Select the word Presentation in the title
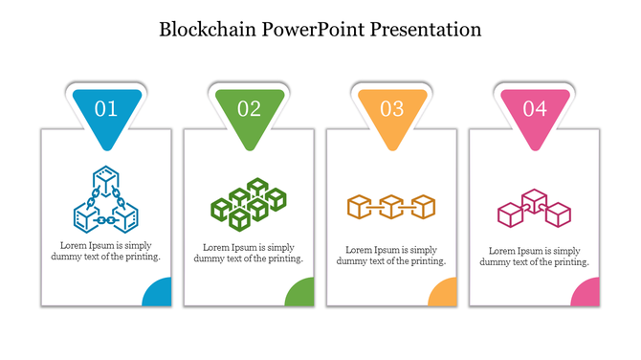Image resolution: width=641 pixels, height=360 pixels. tap(430, 30)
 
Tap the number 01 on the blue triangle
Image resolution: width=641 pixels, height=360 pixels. tap(106, 109)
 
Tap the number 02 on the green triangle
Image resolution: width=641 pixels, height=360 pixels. tap(249, 109)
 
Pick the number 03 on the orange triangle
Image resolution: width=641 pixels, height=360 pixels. tap(392, 109)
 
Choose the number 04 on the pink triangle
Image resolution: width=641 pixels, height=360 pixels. tap(535, 109)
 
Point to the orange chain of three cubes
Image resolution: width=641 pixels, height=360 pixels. tap(391, 206)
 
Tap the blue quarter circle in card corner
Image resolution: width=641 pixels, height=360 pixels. tap(159, 294)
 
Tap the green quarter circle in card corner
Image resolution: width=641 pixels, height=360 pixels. tap(301, 294)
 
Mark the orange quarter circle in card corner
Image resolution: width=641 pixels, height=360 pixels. tap(445, 294)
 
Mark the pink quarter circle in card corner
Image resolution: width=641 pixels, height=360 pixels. tap(587, 294)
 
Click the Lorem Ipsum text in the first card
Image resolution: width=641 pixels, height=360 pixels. tap(105, 251)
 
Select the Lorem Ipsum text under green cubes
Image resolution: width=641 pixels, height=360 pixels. tap(249, 253)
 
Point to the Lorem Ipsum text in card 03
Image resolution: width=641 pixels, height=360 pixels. tap(391, 256)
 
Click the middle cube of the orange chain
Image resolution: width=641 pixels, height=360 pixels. tap(391, 206)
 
